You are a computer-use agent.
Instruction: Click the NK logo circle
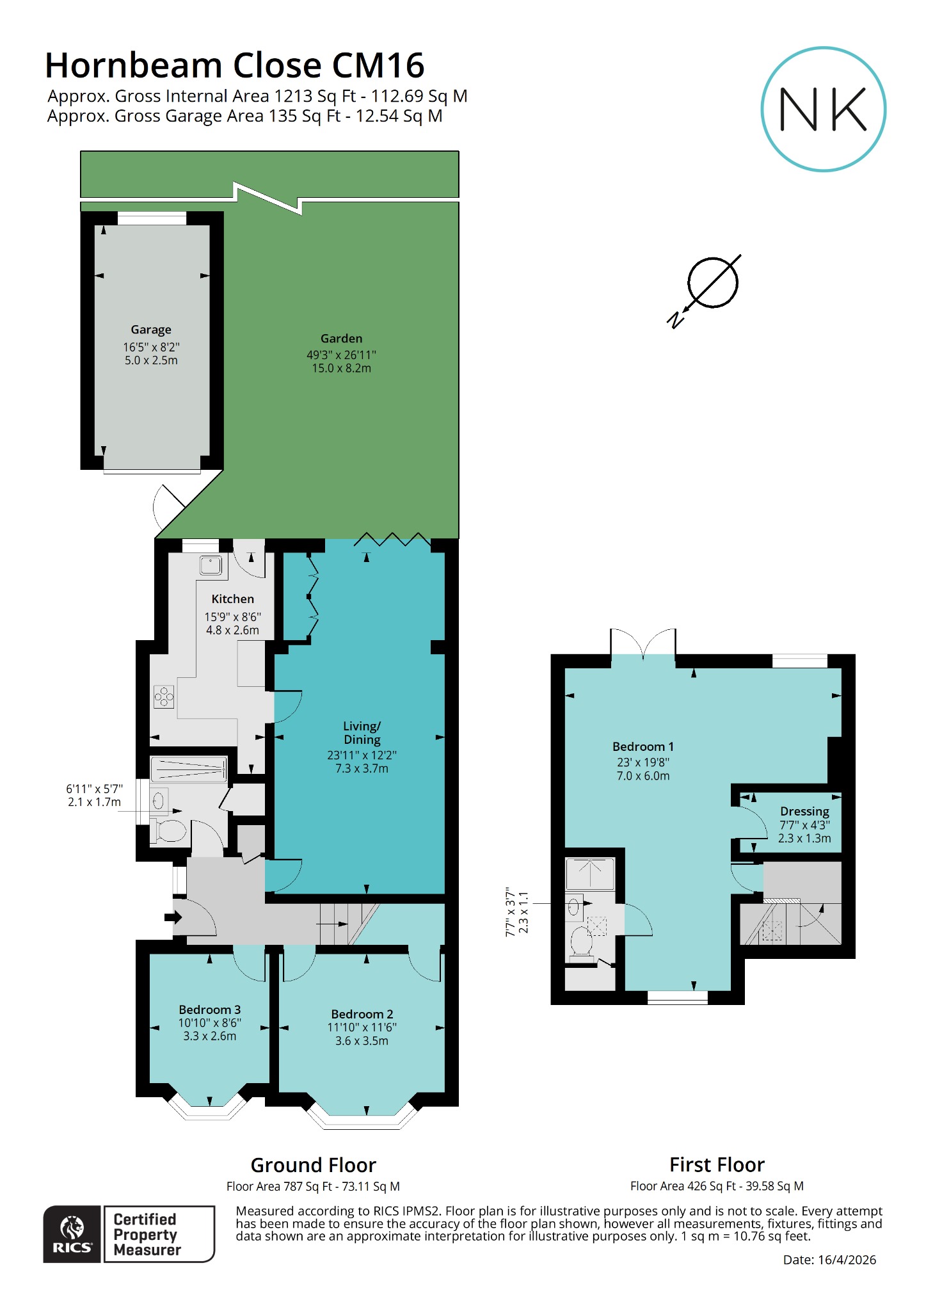pyautogui.click(x=823, y=109)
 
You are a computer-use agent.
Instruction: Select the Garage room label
pyautogui.click(x=151, y=330)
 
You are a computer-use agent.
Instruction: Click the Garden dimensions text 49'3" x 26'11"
pyautogui.click(x=341, y=355)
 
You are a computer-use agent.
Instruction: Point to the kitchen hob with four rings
pyautogui.click(x=164, y=696)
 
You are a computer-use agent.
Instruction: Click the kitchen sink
pyautogui.click(x=211, y=565)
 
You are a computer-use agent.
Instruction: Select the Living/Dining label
pyautogui.click(x=362, y=732)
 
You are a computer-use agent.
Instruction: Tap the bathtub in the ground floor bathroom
pyautogui.click(x=188, y=769)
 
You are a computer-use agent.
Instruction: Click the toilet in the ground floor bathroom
pyautogui.click(x=168, y=831)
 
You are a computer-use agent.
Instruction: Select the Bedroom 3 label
pyautogui.click(x=209, y=1009)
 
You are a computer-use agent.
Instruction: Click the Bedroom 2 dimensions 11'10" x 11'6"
pyautogui.click(x=362, y=1027)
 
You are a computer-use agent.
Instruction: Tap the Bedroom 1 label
pyautogui.click(x=643, y=746)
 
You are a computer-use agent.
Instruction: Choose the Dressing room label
pyautogui.click(x=804, y=811)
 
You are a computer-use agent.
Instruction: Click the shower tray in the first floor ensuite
pyautogui.click(x=590, y=873)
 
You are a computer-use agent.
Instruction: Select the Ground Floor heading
pyautogui.click(x=313, y=1164)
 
